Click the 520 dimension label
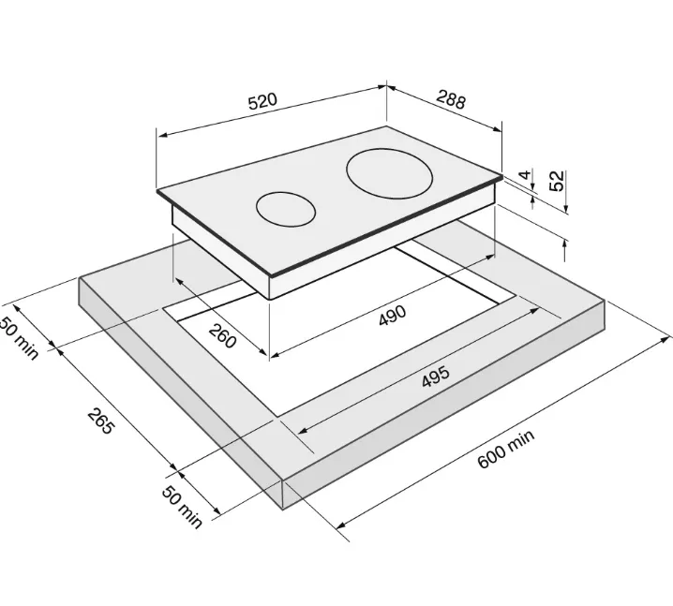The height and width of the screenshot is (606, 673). pyautogui.click(x=263, y=101)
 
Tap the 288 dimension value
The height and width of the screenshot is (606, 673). pyautogui.click(x=451, y=99)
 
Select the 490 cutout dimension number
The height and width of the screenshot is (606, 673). pyautogui.click(x=393, y=315)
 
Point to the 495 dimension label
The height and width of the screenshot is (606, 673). pyautogui.click(x=436, y=377)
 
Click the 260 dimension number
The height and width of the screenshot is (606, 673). pyautogui.click(x=222, y=335)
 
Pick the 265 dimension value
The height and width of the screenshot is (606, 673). pyautogui.click(x=101, y=421)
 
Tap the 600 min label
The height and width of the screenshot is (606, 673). pyautogui.click(x=506, y=449)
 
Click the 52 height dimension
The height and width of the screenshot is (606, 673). pyautogui.click(x=556, y=181)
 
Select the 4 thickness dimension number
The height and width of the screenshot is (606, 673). pyautogui.click(x=525, y=175)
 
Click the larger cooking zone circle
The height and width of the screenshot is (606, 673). pyautogui.click(x=389, y=173)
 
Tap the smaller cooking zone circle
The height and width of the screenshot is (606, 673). pyautogui.click(x=286, y=209)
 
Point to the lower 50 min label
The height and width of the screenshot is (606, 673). pyautogui.click(x=182, y=508)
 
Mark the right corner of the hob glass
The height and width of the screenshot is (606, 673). pyautogui.click(x=502, y=175)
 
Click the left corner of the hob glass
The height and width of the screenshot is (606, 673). pyautogui.click(x=157, y=190)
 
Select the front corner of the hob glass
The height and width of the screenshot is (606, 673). pyautogui.click(x=271, y=275)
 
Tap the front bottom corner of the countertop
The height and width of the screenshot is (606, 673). pyautogui.click(x=283, y=510)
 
